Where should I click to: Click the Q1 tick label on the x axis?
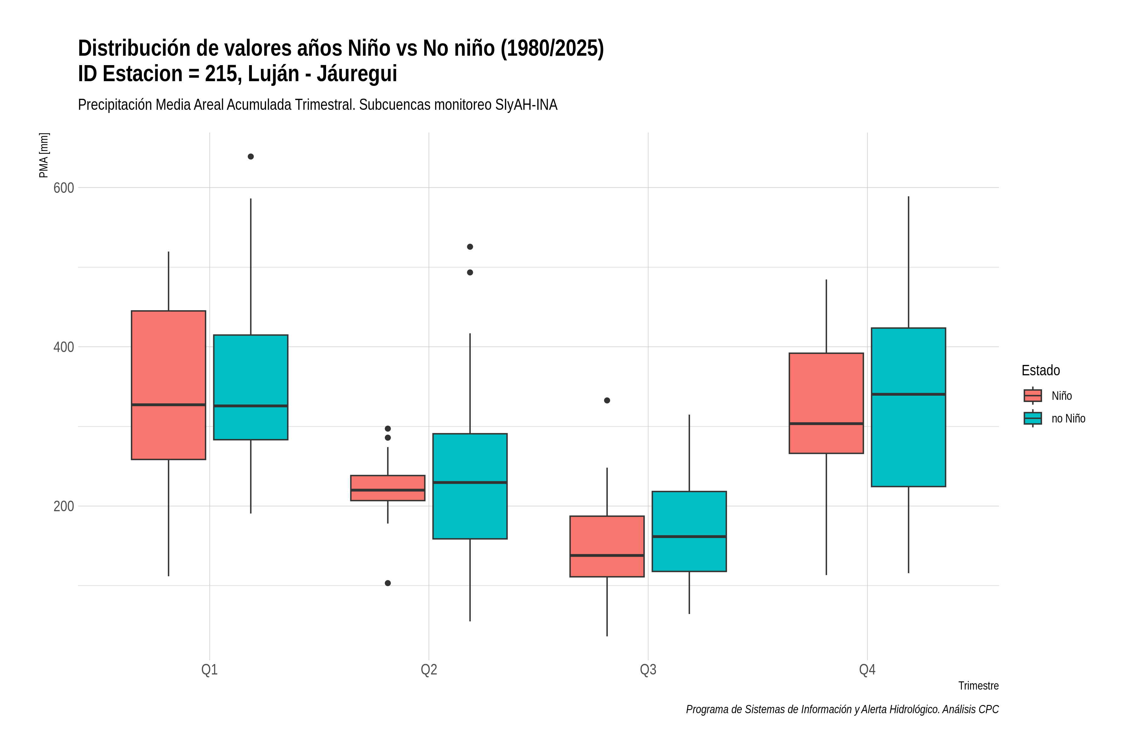click(209, 670)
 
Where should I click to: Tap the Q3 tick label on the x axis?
click(648, 670)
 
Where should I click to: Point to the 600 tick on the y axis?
click(64, 188)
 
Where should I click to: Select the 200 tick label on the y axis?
click(64, 506)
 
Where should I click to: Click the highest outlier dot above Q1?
click(251, 156)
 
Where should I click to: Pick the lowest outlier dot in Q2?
click(388, 583)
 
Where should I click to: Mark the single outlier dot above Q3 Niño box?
click(607, 400)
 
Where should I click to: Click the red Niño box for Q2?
click(388, 488)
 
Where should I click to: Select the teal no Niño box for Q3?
click(689, 532)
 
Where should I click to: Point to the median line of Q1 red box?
click(169, 405)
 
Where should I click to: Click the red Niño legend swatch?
click(1033, 396)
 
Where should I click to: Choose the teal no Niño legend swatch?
click(1033, 418)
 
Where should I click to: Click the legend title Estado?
click(1040, 370)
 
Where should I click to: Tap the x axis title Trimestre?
click(979, 686)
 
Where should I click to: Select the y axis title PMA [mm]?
click(44, 155)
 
